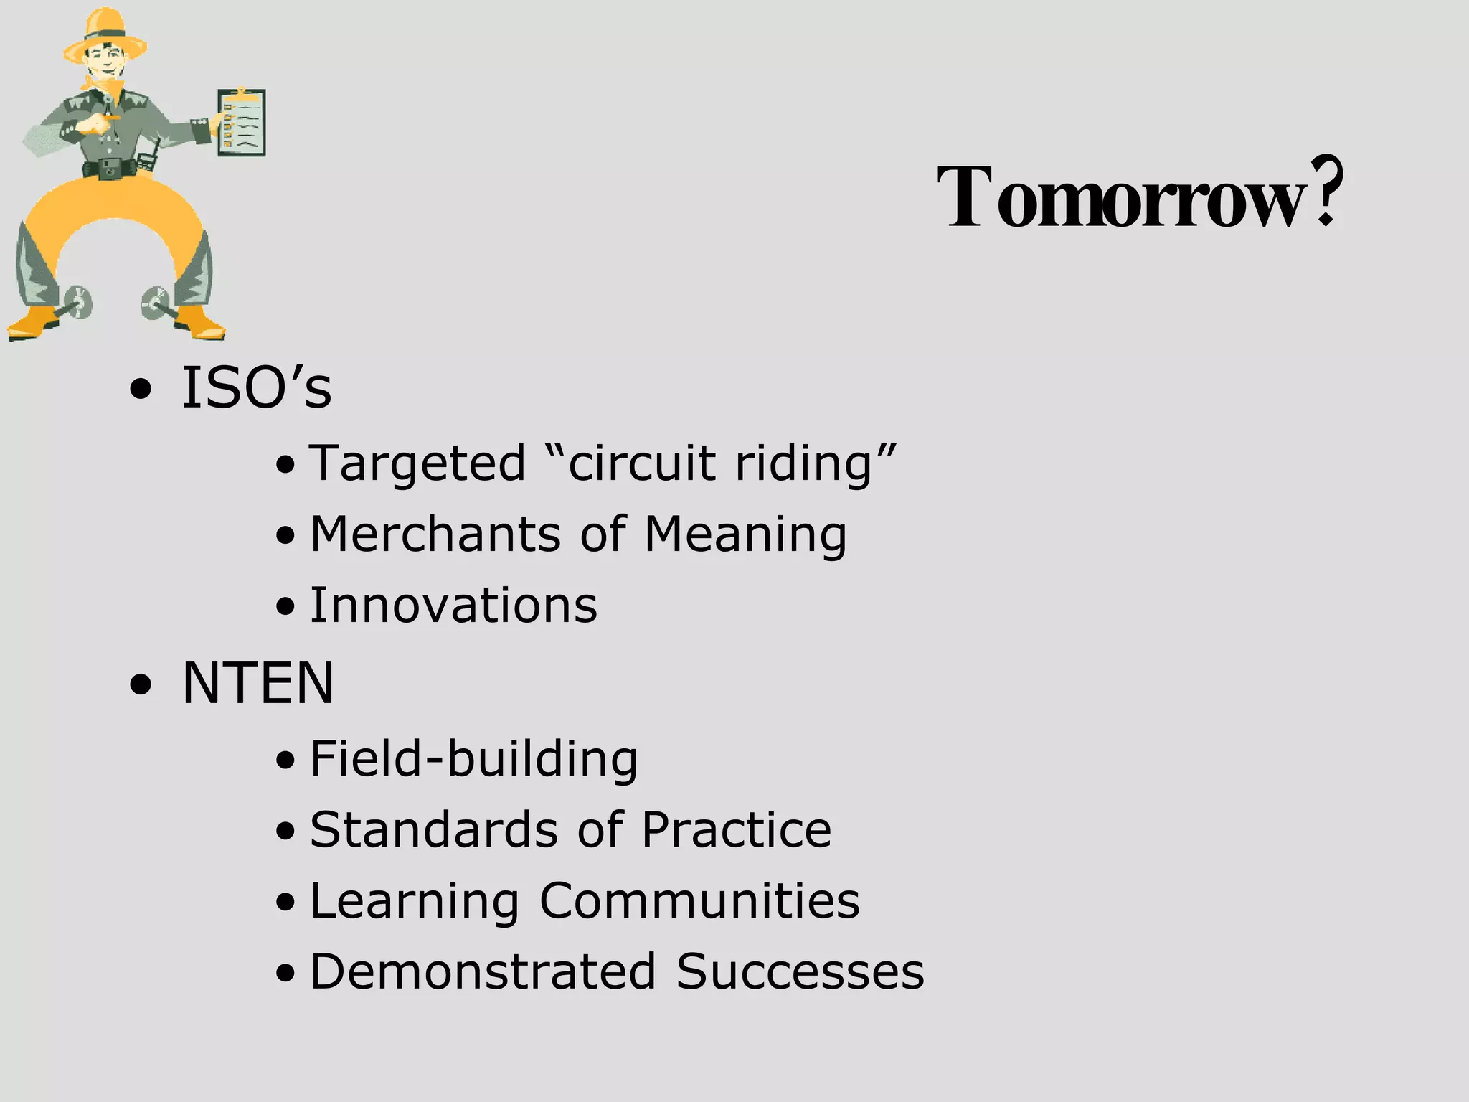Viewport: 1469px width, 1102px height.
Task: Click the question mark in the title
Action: [x=1326, y=192]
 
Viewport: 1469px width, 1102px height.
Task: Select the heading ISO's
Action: [x=256, y=388]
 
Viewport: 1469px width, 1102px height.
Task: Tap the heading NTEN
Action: [x=258, y=683]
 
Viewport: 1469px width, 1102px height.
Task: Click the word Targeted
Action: [x=417, y=463]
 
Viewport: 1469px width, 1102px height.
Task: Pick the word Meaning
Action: [x=745, y=536]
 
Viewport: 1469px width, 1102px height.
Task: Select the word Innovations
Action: [x=453, y=606]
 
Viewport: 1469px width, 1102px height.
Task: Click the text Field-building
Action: [x=473, y=759]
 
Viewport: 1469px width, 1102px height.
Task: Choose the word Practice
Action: [x=736, y=830]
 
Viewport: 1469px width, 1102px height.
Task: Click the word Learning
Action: [x=415, y=902]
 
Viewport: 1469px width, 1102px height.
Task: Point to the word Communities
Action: [x=699, y=900]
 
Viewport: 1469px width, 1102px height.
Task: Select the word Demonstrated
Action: [x=483, y=971]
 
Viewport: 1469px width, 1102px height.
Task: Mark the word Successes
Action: [x=800, y=971]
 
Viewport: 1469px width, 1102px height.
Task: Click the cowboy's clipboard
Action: [x=242, y=122]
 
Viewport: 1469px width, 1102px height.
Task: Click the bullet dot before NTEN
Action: [x=141, y=685]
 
